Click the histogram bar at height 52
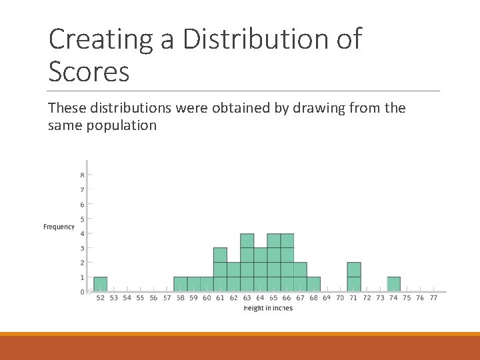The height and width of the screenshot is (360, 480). coord(101,284)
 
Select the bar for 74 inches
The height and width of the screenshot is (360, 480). coord(393,284)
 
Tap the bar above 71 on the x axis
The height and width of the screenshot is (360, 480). coord(353,277)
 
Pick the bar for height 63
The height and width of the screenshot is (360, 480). coord(247,263)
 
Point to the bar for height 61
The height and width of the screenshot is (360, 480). coord(220,269)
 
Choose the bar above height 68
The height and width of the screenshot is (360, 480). coord(313,284)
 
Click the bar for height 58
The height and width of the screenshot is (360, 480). coord(180,284)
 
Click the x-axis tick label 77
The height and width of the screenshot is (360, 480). coord(433,298)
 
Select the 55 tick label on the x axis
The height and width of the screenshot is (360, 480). coord(140,298)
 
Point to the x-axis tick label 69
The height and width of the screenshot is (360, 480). coord(327,298)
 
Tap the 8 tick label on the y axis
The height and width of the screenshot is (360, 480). coord(82,175)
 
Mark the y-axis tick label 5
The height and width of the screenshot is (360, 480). coord(82,219)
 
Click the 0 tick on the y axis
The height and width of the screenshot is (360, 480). coord(82,292)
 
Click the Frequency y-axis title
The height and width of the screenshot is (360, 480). coord(59,227)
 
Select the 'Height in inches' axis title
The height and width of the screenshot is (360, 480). coord(268,308)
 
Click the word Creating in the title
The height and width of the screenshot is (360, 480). coord(101,40)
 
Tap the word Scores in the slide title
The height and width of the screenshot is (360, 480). coord(89,71)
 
